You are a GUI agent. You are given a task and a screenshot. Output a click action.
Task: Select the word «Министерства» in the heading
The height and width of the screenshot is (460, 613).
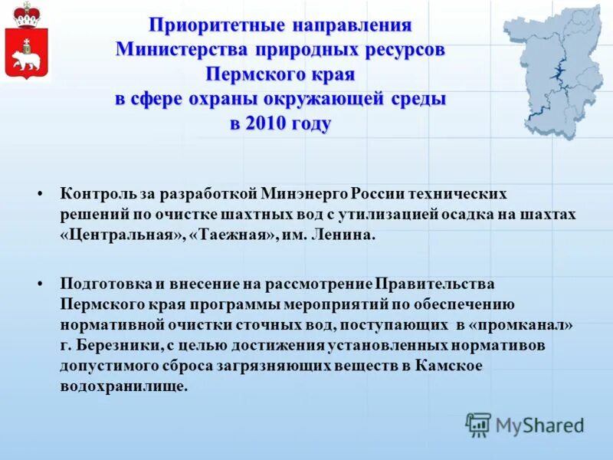181,51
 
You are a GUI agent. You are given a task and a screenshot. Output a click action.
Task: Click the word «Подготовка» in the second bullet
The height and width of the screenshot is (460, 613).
103,284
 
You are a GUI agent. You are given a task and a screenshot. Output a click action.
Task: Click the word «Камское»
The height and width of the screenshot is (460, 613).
449,366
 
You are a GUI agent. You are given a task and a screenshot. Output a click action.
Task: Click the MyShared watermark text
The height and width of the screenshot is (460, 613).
539,425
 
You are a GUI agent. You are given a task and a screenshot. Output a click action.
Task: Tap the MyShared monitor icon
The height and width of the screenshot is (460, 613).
478,424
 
